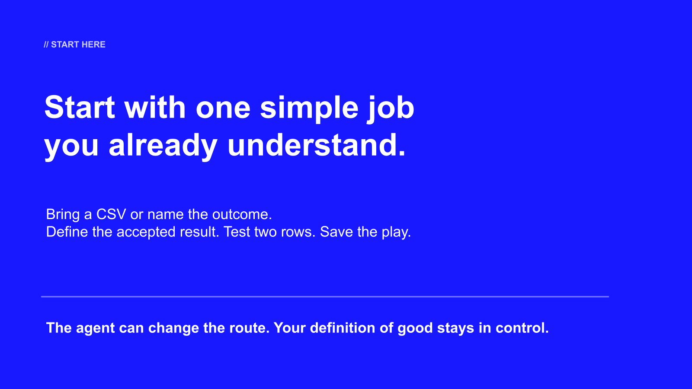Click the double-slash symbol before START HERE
pos(46,45)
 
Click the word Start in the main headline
pos(80,107)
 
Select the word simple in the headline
pos(309,108)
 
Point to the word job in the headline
pos(391,108)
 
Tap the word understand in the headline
pos(316,145)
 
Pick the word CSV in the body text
pos(111,214)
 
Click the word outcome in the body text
pos(242,214)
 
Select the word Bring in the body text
pos(63,215)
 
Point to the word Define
pos(67,232)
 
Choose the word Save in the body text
pos(336,232)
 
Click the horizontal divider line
pos(325,297)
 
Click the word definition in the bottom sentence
pos(343,328)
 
